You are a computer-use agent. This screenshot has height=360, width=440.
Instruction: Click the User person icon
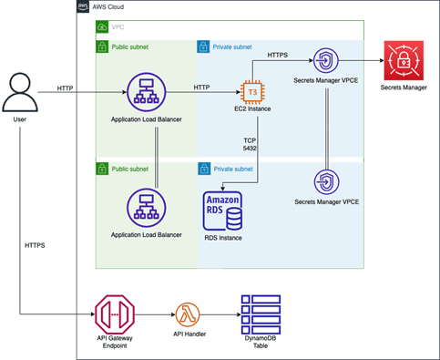[20, 92]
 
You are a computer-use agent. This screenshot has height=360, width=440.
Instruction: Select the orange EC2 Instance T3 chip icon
[252, 92]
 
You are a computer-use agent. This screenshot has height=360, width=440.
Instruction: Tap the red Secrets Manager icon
[404, 60]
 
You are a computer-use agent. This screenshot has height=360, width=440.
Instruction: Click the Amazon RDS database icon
[222, 211]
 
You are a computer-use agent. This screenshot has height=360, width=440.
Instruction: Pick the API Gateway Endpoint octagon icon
[115, 314]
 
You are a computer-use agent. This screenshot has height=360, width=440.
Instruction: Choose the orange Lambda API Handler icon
[188, 314]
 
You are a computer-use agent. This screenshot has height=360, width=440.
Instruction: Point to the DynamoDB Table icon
[261, 314]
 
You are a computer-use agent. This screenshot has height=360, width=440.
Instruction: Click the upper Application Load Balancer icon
[147, 92]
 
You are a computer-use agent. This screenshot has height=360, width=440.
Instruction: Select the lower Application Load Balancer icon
[147, 208]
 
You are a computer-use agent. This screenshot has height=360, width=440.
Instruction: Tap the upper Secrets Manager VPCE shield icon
[326, 60]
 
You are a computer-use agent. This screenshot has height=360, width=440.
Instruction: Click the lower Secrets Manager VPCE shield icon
[326, 182]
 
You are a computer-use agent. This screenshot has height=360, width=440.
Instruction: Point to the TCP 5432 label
[250, 144]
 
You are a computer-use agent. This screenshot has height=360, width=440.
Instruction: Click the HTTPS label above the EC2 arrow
[278, 55]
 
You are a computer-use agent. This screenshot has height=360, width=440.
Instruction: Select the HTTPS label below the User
[35, 245]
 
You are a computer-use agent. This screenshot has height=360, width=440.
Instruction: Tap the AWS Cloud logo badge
[83, 6]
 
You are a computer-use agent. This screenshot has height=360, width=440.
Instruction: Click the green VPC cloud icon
[102, 26]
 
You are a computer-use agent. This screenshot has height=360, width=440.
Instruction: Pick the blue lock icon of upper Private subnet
[203, 46]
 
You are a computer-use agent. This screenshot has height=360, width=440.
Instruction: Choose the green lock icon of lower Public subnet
[102, 169]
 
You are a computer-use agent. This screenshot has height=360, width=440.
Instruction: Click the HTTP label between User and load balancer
[65, 88]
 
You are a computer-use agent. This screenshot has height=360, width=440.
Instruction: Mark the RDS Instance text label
[223, 238]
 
